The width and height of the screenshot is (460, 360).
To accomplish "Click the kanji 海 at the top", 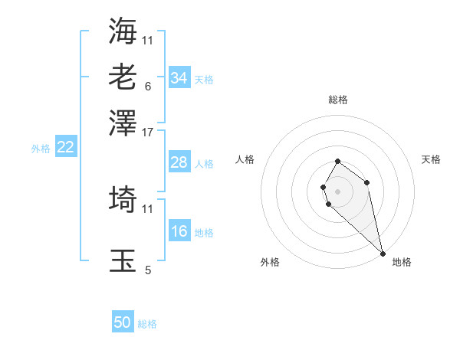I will coord(123,30).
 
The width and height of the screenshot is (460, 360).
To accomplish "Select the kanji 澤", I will coord(123,122).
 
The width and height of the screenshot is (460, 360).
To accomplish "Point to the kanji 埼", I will coord(123,200).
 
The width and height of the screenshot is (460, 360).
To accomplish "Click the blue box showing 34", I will coord(179,78).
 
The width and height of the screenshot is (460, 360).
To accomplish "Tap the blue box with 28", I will coord(179,162).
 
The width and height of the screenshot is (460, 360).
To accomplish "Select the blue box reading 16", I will coord(179,231).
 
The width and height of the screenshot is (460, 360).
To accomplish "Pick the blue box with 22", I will coord(65,148).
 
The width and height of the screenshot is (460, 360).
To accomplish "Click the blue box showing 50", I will coord(123,322).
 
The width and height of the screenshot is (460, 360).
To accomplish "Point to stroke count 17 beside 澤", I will coord(148,132).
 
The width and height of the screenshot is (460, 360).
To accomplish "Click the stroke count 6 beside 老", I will coord(148,86).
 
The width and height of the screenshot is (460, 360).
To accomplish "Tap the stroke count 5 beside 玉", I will coord(148,270).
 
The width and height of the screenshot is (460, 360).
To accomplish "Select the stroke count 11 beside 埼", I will coord(148,208).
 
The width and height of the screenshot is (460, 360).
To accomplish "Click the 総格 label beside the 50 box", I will coord(147,324).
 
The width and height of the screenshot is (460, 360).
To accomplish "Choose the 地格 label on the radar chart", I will coord(402,262).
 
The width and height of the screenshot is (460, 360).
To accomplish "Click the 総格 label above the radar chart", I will coord(337,100).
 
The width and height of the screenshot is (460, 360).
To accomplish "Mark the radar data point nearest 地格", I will coord(382,254).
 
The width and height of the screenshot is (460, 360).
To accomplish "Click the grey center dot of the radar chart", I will coord(337,191).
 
